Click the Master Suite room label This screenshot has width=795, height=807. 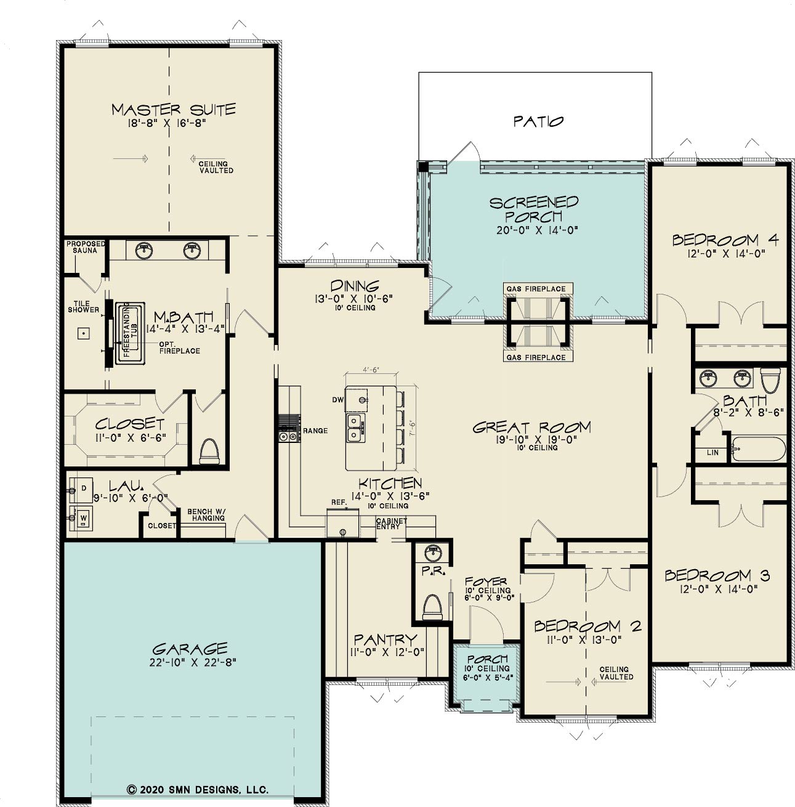[x=174, y=110]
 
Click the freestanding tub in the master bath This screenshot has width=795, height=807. [x=130, y=331]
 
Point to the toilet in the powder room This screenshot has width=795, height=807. [x=433, y=607]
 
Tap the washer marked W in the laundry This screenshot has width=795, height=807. [x=82, y=519]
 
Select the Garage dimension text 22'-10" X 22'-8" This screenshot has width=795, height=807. [x=193, y=662]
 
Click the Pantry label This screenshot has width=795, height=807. [x=385, y=639]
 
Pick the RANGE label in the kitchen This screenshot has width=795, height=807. [x=315, y=431]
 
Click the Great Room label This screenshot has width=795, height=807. [x=531, y=428]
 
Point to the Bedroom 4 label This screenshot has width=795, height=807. [x=725, y=240]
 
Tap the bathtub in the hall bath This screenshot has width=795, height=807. [x=759, y=448]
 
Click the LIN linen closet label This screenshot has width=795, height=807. [x=712, y=452]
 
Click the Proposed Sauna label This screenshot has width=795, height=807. [x=86, y=247]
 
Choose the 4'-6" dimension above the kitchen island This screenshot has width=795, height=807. [x=371, y=370]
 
